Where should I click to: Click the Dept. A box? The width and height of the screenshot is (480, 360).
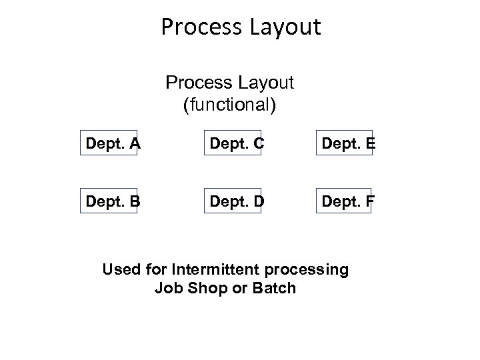click(x=108, y=142)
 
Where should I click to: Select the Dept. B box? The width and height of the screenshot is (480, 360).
click(x=108, y=199)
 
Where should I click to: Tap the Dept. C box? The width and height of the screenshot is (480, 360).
click(x=233, y=142)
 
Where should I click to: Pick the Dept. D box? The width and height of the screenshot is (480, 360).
click(x=233, y=199)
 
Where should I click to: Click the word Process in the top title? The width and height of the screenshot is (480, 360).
click(x=201, y=27)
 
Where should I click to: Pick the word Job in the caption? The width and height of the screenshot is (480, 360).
click(x=167, y=289)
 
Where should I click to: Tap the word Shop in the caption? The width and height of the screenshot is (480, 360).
click(x=202, y=289)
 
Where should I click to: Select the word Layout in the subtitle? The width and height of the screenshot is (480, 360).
click(x=269, y=84)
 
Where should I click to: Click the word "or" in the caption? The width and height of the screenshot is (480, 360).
click(x=233, y=289)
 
